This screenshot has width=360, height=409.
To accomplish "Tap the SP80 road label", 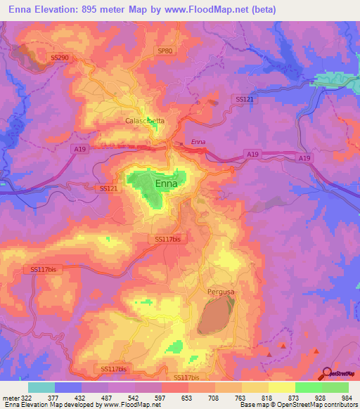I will tap(165, 51).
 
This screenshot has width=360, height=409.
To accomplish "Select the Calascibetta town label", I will tap(145, 121).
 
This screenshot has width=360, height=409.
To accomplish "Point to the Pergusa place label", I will tap(221, 291).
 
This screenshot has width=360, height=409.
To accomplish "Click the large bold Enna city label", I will tap(166, 183).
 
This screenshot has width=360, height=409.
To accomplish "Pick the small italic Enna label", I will tap(198, 142).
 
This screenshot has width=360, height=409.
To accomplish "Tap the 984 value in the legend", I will tap(347, 397).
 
